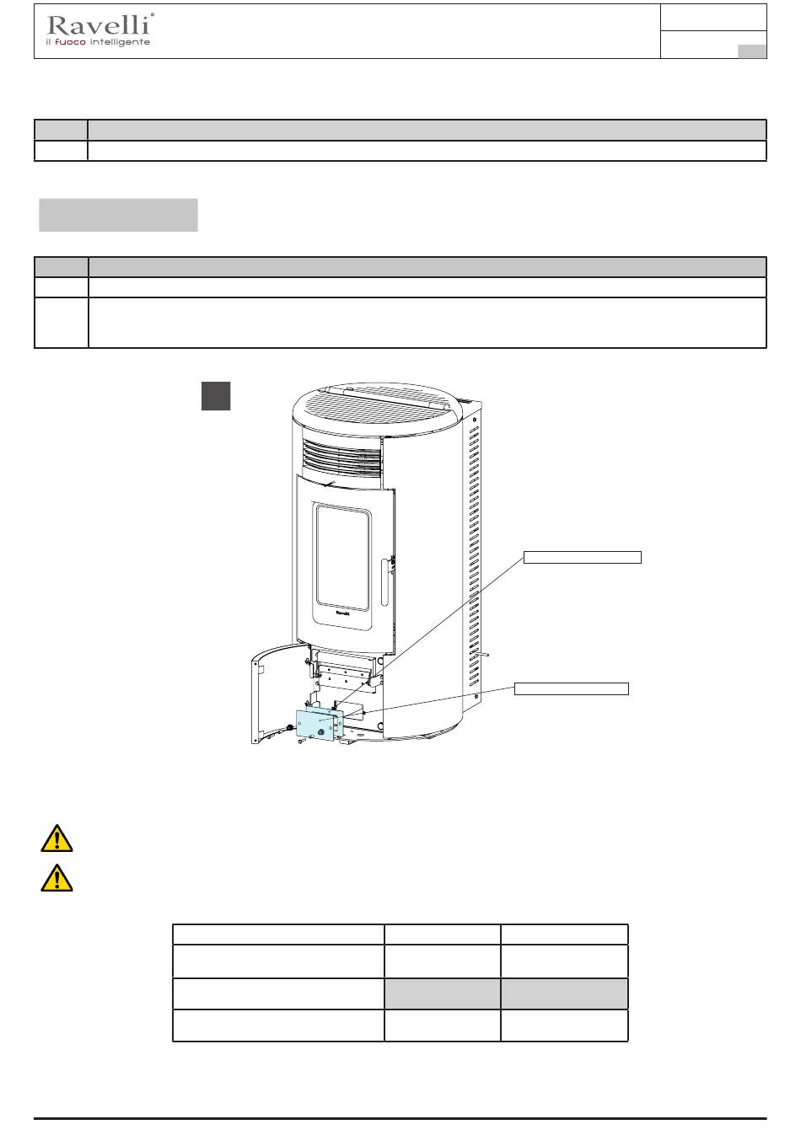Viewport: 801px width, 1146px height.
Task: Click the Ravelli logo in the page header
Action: (99, 30)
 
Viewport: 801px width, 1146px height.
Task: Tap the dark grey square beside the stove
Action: (216, 395)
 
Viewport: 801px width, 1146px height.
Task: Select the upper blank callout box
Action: (582, 557)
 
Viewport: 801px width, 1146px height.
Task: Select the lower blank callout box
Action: (571, 688)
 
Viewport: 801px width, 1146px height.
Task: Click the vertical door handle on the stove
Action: (384, 581)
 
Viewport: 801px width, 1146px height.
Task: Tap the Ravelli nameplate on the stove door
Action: (342, 612)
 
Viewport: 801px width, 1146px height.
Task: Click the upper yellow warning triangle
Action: (56, 838)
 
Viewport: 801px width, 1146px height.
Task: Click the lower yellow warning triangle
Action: (56, 878)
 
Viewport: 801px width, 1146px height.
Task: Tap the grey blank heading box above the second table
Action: (118, 215)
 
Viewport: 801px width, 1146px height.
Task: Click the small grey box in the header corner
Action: (751, 51)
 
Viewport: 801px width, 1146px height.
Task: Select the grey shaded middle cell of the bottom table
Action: (442, 993)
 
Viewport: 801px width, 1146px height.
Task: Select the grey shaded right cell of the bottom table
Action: (564, 993)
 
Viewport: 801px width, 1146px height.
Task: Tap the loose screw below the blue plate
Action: (302, 741)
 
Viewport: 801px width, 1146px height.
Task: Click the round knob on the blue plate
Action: (321, 732)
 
